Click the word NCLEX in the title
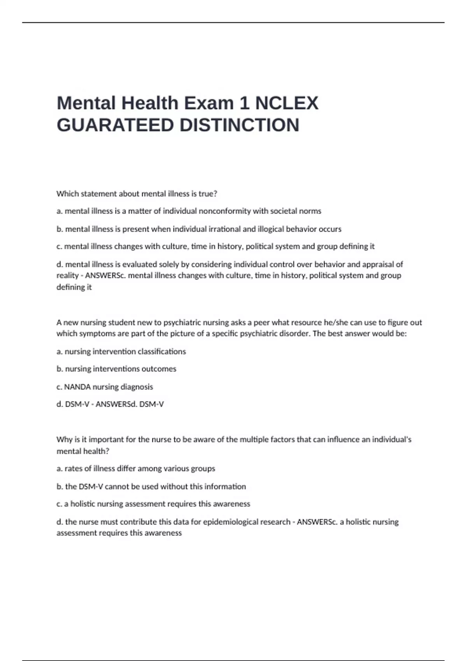(287, 103)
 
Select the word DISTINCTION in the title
(239, 126)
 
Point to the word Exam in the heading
(209, 103)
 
